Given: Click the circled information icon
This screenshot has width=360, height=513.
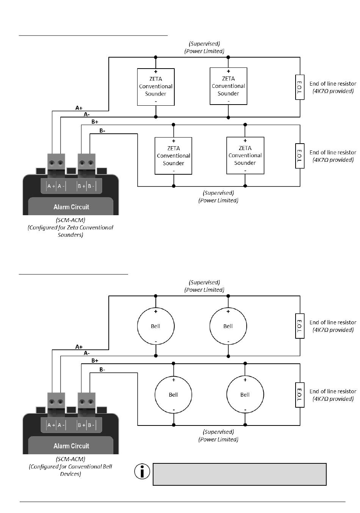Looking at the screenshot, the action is (142, 471).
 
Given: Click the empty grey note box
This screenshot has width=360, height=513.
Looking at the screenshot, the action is (239, 474).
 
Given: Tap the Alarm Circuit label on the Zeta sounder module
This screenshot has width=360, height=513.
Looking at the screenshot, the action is (71, 207).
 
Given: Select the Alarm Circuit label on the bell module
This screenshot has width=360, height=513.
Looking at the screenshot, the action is (71, 446).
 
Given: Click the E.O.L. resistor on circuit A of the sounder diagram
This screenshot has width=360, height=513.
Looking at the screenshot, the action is (300, 87).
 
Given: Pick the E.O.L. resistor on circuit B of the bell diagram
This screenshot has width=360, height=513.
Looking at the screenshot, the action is (300, 395).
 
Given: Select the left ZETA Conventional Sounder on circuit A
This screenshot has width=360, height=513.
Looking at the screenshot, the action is (156, 87).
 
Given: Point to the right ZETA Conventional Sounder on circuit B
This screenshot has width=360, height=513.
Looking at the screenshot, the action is (245, 155).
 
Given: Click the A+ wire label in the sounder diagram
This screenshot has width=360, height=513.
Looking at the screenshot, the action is (79, 108).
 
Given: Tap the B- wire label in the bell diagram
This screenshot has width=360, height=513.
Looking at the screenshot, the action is (102, 369).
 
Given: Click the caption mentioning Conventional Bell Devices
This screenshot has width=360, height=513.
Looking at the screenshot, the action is (70, 470).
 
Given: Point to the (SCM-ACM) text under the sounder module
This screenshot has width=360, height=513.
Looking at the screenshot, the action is (70, 220).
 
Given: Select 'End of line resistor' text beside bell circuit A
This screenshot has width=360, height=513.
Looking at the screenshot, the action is (333, 322).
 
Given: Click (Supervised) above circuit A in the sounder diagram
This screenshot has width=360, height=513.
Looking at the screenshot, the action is (204, 44).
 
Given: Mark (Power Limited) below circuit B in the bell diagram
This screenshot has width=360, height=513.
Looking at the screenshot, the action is (218, 439).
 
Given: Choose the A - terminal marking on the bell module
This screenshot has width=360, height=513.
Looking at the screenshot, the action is (61, 425).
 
